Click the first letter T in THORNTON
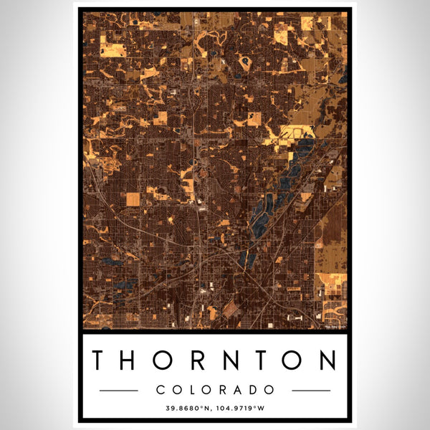pyautogui.click(x=101, y=360)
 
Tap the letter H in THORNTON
pyautogui.click(x=133, y=360)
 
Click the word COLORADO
pyautogui.click(x=215, y=390)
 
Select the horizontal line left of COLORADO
pyautogui.click(x=118, y=391)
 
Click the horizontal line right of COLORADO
pyautogui.click(x=312, y=391)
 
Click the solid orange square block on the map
pyautogui.click(x=133, y=199)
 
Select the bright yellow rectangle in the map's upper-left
pyautogui.click(x=113, y=50)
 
